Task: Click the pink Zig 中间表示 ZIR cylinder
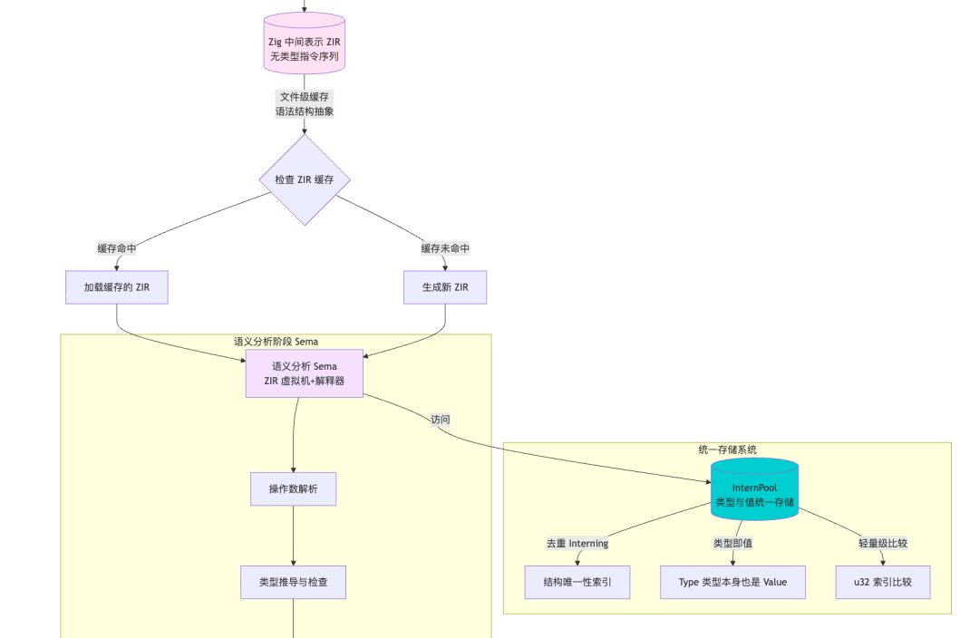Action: point(304,43)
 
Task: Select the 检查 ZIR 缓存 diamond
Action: point(305,179)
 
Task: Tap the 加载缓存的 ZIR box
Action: point(117,287)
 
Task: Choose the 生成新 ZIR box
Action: point(445,287)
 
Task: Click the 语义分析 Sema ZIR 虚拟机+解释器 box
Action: point(304,373)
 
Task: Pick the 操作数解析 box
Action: point(294,488)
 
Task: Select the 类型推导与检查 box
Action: point(294,582)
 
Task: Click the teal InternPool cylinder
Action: point(754,489)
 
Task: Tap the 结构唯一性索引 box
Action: point(577,582)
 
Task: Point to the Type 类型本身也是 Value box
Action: point(733,582)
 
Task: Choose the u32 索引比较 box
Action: point(883,582)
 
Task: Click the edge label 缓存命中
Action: point(117,248)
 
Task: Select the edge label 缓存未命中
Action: point(445,248)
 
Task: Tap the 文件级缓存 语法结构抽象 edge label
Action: point(305,104)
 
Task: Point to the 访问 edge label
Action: point(441,420)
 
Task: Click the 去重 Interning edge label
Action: point(577,543)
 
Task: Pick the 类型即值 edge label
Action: point(733,543)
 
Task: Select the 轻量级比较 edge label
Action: point(883,543)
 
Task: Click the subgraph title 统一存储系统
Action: point(727,449)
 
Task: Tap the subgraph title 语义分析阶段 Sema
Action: point(276,342)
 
